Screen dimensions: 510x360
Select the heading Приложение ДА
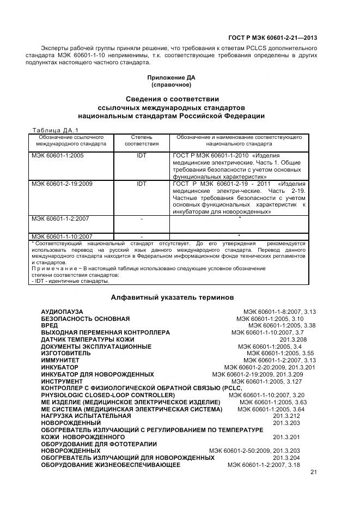point(172,78)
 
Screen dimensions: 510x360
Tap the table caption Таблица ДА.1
point(55,130)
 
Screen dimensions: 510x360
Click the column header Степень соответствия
point(142,141)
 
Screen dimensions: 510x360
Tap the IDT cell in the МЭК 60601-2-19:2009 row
point(142,184)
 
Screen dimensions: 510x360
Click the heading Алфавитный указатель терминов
point(172,297)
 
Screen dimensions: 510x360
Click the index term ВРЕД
point(50,325)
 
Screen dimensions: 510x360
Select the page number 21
point(313,472)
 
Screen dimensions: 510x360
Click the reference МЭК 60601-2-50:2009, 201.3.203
point(254,451)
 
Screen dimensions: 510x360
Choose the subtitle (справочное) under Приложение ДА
point(172,85)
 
